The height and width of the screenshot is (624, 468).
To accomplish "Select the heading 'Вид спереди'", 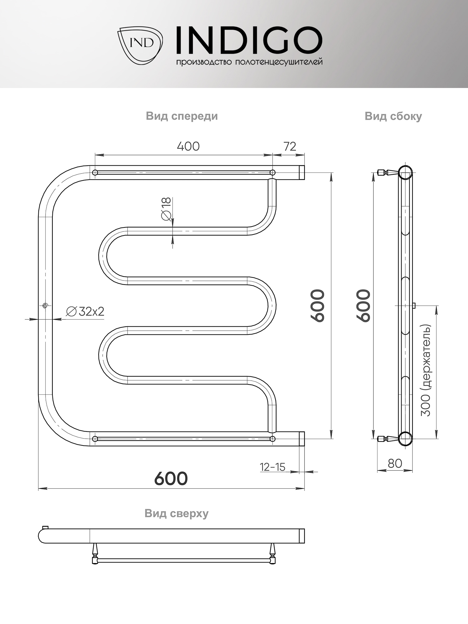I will coord(182,116).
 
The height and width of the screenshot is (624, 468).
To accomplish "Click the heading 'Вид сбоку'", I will coord(393,116).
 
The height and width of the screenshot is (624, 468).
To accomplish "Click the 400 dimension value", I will coord(188,146).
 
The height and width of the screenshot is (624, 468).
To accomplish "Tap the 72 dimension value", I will coord(290,146).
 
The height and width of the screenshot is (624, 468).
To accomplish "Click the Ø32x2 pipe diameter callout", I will coord(85,311).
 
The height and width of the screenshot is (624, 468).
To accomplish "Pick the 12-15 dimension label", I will coord(272,467).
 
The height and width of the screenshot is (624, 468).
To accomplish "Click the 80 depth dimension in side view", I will coord(395,463).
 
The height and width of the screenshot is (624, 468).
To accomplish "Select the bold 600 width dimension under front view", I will coord(171,478).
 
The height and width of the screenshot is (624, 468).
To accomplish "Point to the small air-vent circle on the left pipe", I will coord(45,305).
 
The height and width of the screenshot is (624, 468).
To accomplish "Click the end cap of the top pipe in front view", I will coord(302,173).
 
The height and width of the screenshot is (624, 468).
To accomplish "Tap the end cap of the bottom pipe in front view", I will coord(302,439).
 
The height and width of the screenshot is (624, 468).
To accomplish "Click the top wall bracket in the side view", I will coord(387,172).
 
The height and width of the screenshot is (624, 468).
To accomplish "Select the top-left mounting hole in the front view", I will coord(95,173).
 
